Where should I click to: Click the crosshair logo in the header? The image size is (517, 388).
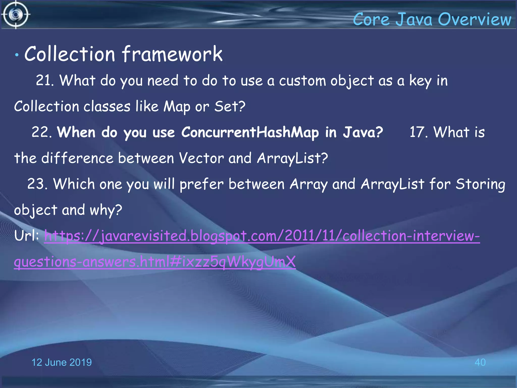point(16,15)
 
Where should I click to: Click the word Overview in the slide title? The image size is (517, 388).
point(474,19)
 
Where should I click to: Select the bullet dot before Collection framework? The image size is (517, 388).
point(17,55)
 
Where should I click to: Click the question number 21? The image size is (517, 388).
point(44,81)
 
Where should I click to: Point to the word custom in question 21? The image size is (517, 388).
point(302,81)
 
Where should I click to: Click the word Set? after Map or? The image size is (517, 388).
point(230,106)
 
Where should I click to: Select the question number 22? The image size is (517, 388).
point(41,132)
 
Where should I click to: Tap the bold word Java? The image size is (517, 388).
point(363,132)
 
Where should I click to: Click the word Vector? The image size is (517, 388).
point(201,158)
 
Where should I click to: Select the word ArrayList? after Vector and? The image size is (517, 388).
point(292,158)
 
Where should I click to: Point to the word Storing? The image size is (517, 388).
point(480,184)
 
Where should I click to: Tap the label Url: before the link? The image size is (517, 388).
point(27,236)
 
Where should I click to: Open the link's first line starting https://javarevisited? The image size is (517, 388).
point(262,236)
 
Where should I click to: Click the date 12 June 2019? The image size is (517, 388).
point(61,362)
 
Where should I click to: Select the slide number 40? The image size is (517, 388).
point(480,362)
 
